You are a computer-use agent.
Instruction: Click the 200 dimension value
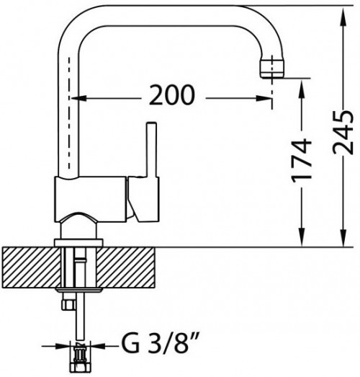[x=171, y=94]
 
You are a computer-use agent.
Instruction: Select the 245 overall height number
[x=343, y=132]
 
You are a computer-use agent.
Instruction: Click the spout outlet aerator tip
[x=272, y=68]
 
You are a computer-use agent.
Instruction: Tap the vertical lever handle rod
[x=152, y=149]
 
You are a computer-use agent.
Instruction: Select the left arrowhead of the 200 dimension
[x=77, y=98]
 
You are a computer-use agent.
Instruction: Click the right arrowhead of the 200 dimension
[x=264, y=98]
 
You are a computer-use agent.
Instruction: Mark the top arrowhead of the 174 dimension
[x=302, y=87]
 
